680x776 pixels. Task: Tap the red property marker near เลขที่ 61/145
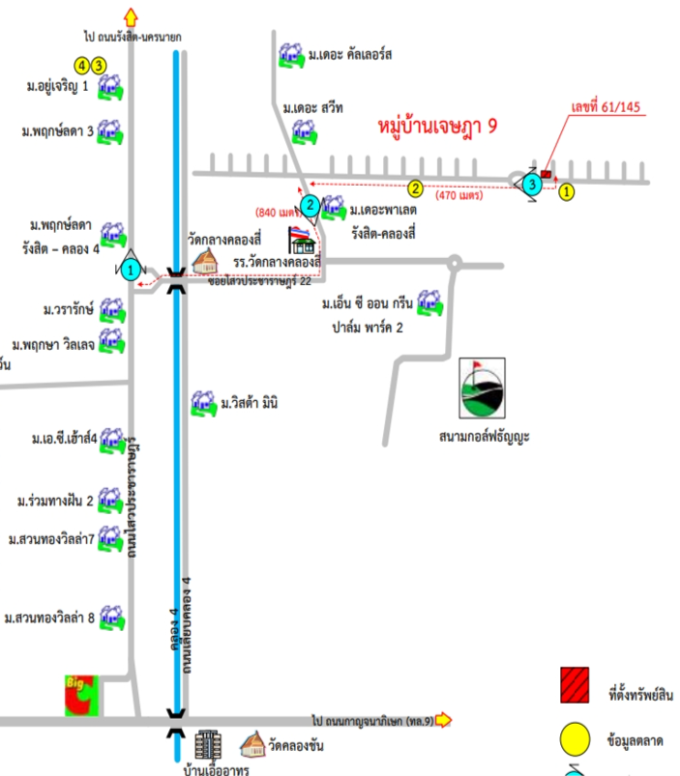click(547, 175)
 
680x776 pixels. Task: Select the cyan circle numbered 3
click(530, 184)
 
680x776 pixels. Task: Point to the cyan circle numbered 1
click(131, 270)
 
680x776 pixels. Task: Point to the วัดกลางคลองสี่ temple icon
click(205, 260)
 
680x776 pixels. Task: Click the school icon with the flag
click(303, 240)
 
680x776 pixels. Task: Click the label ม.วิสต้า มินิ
click(249, 403)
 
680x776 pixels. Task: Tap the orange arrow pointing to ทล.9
click(444, 719)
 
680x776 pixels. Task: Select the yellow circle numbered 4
click(83, 65)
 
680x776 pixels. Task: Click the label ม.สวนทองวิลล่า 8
click(49, 617)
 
